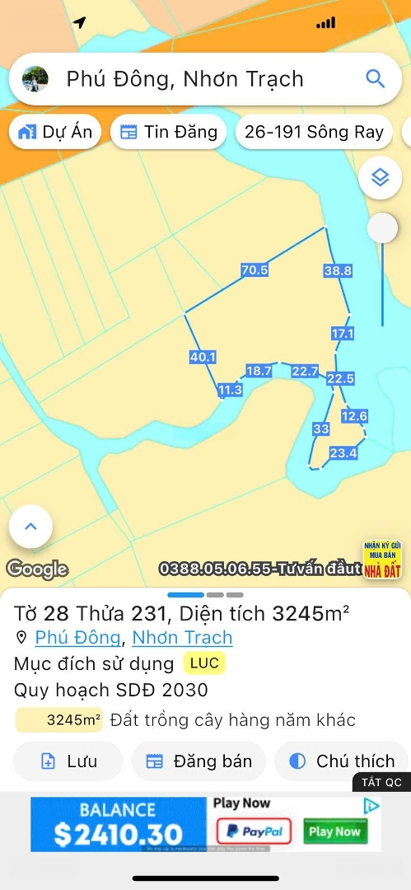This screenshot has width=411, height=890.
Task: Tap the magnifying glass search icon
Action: pos(375,79)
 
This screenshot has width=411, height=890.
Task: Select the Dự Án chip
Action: pos(56,132)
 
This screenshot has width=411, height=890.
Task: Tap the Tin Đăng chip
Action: pos(169,132)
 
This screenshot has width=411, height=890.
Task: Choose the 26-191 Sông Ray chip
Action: pos(314,132)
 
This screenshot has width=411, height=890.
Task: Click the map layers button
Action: pos(380,177)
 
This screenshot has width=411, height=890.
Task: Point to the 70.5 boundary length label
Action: pos(255,269)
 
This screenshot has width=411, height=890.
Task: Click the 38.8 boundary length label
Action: pos(338,270)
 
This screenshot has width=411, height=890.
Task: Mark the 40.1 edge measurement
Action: pos(203,357)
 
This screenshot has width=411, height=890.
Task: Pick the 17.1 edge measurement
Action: pos(343,334)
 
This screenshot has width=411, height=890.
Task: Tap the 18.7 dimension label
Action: pos(259,372)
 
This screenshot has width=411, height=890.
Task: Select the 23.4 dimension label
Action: pos(343,452)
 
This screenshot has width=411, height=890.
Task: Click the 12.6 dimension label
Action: pos(354,416)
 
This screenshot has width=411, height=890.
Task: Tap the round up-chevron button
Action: pos(31,525)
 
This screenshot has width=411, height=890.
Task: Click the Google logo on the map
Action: pos(37,569)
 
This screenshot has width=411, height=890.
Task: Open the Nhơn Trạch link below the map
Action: pos(182,637)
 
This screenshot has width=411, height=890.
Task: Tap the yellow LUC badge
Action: pos(204,663)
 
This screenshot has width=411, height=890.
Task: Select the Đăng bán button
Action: pos(198,761)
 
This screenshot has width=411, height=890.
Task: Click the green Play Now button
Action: pos(334,831)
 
